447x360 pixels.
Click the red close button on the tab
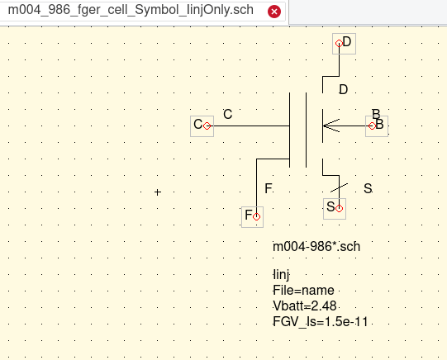[274, 12]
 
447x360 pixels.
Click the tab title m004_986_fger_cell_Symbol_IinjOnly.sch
[131, 10]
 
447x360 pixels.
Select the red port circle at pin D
[339, 43]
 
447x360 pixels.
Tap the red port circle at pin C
[207, 126]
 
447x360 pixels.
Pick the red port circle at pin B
[372, 126]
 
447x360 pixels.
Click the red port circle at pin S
[339, 208]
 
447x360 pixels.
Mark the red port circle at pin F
[256, 216]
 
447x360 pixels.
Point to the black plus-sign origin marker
[158, 192]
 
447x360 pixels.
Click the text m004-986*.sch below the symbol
[316, 247]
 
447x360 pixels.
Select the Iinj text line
[281, 275]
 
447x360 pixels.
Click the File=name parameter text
[303, 291]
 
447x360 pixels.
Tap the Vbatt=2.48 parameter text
[305, 306]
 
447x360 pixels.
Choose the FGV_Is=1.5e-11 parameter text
[321, 321]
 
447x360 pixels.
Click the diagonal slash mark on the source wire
[339, 187]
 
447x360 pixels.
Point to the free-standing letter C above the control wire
[228, 114]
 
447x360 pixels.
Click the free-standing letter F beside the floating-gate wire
[268, 188]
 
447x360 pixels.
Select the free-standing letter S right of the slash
[368, 188]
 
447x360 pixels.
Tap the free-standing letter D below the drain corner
[344, 90]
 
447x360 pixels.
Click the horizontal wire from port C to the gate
[249, 126]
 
